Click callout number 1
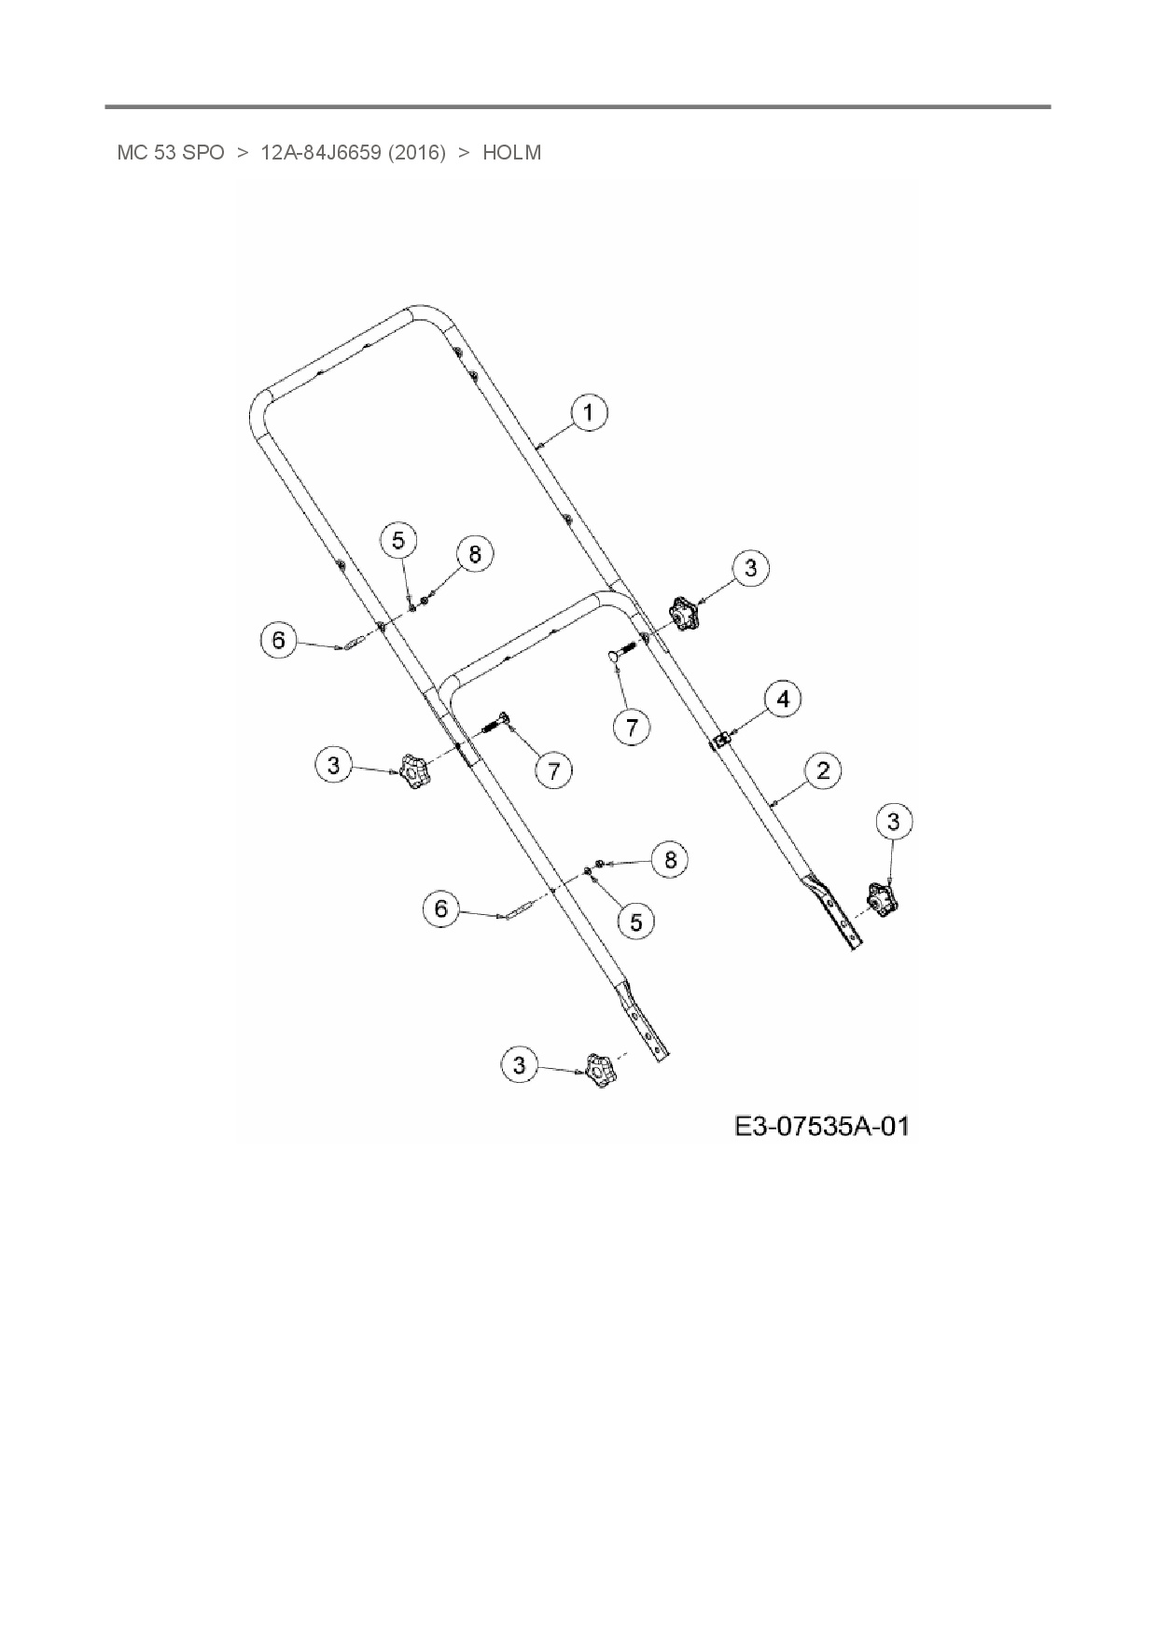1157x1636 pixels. [589, 413]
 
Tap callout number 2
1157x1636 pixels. [823, 770]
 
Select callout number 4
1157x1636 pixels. [783, 699]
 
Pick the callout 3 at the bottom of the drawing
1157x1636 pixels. [520, 1065]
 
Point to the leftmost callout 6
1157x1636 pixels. [278, 640]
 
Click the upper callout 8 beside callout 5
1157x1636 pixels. [475, 554]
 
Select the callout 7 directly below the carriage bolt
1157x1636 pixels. [633, 727]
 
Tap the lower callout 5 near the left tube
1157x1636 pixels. [636, 922]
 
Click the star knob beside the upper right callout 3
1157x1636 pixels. [683, 616]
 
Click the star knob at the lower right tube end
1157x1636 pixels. [881, 899]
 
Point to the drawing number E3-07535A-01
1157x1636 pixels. [821, 1126]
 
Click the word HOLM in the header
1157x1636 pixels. [511, 153]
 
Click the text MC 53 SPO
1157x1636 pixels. [171, 153]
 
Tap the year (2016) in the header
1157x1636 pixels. [416, 153]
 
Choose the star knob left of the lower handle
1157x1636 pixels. [412, 771]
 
